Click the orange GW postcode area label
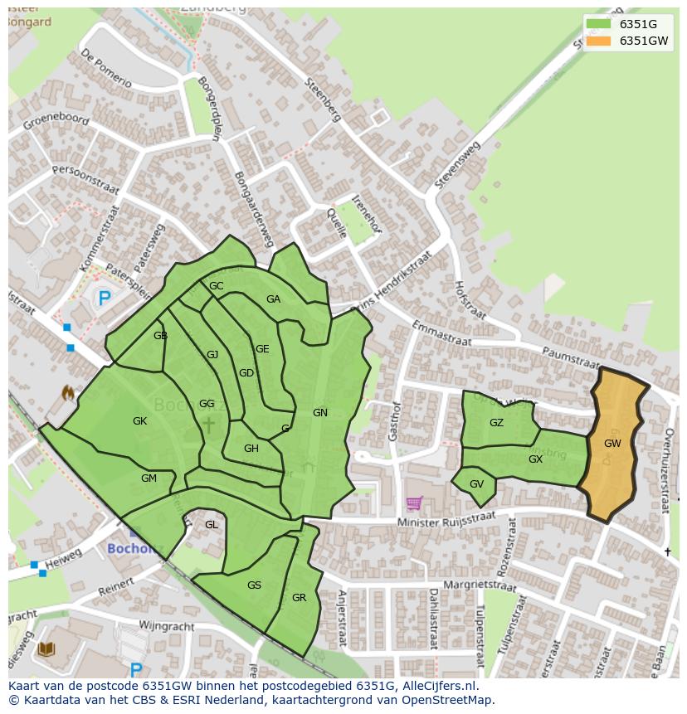pos(612,444)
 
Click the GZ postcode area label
pos(496,423)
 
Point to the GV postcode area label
pos(476,484)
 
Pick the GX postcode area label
pos(535,459)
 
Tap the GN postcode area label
pos(320,412)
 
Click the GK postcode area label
pos(139,421)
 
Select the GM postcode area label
pos(149,478)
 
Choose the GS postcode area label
pos(254,585)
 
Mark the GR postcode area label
pos(299,598)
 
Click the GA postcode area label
pos(273,299)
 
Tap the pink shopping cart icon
pos(413,503)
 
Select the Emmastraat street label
pos(441,333)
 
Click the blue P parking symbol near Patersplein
pos(104,299)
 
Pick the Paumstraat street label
pos(570,358)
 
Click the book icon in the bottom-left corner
pos(46,648)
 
